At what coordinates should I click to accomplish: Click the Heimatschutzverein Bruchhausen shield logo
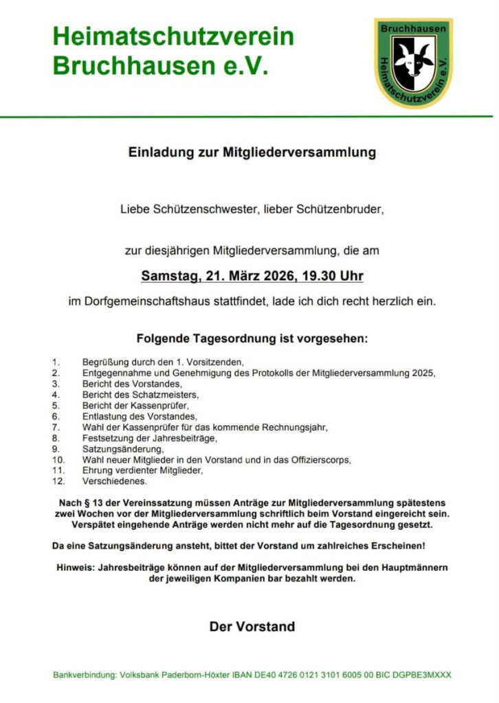[413, 62]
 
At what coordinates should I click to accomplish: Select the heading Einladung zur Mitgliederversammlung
[252, 152]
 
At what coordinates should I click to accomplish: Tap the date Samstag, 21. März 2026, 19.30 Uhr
[252, 277]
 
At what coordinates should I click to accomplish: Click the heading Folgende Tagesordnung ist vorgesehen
[252, 339]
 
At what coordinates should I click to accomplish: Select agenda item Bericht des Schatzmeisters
[140, 394]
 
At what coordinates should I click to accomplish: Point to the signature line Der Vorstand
[252, 626]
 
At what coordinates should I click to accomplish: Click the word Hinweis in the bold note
[75, 568]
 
